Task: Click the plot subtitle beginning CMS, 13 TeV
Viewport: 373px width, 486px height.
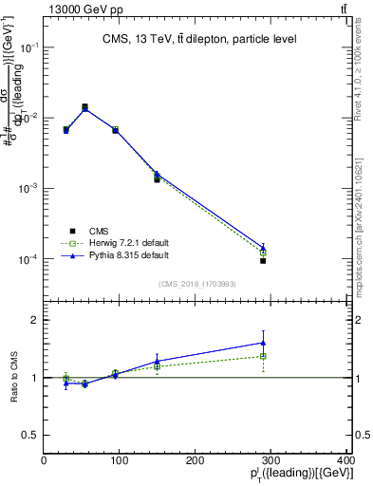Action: click(199, 39)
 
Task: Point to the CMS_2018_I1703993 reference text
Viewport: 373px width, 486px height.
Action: click(196, 282)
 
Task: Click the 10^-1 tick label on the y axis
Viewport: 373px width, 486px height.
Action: click(28, 47)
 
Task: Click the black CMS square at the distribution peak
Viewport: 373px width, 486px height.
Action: click(84, 107)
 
